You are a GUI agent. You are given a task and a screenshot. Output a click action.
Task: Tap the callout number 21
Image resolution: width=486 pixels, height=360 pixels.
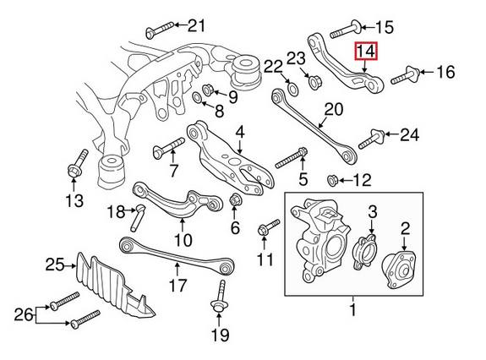click(196, 25)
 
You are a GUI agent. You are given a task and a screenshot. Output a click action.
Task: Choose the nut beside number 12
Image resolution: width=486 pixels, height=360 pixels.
click(331, 179)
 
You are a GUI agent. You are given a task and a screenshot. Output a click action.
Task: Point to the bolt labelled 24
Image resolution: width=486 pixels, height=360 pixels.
click(374, 137)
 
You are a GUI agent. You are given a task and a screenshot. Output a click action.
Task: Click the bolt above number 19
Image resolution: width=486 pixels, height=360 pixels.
click(218, 297)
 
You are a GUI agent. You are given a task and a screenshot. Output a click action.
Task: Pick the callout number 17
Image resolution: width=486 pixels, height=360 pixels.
click(176, 285)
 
